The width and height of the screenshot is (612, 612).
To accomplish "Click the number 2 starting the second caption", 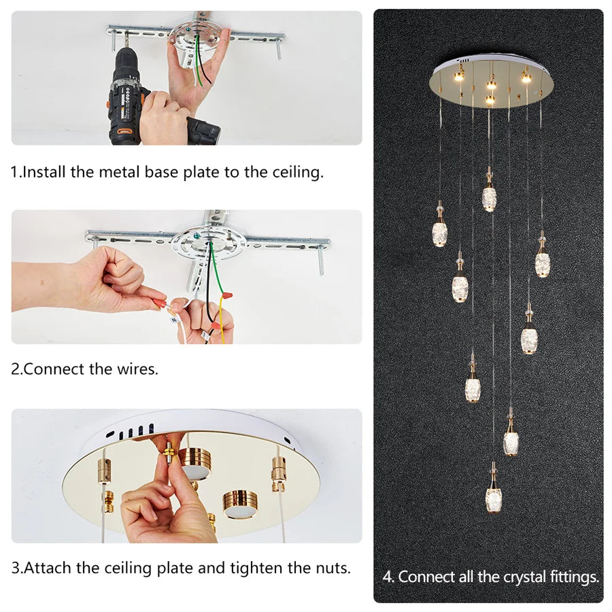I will (15, 369).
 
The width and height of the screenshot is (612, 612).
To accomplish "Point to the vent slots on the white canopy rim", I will (133, 430).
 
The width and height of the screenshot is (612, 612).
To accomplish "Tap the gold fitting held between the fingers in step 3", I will (167, 458).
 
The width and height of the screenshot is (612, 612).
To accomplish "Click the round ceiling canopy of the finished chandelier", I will (492, 82).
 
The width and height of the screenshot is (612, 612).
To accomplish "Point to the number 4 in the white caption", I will (388, 577).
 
